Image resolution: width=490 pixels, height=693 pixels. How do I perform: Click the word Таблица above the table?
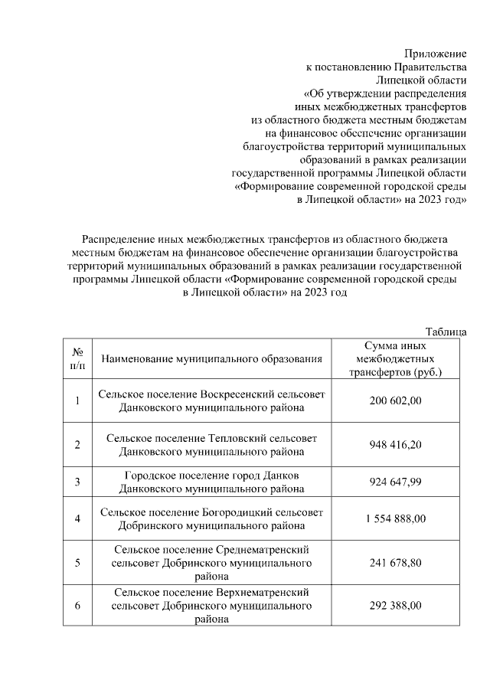coord(446,331)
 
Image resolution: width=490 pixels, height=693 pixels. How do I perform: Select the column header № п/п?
coord(77,358)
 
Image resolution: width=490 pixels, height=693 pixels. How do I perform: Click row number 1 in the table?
coord(77,400)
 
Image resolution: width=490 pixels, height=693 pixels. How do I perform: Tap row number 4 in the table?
coord(77,518)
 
